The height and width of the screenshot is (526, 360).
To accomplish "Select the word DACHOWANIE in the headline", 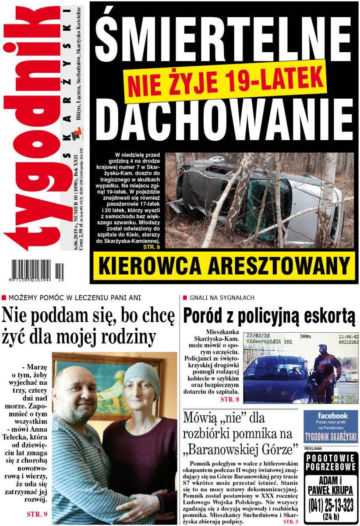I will point(223,121).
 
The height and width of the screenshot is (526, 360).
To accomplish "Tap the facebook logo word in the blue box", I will point(332,416).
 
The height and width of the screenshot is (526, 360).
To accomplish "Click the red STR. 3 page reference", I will point(290,522).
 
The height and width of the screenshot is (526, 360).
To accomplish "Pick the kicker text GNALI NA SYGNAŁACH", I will point(222,298).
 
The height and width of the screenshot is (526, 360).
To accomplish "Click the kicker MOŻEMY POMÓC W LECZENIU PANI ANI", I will point(74,298).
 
